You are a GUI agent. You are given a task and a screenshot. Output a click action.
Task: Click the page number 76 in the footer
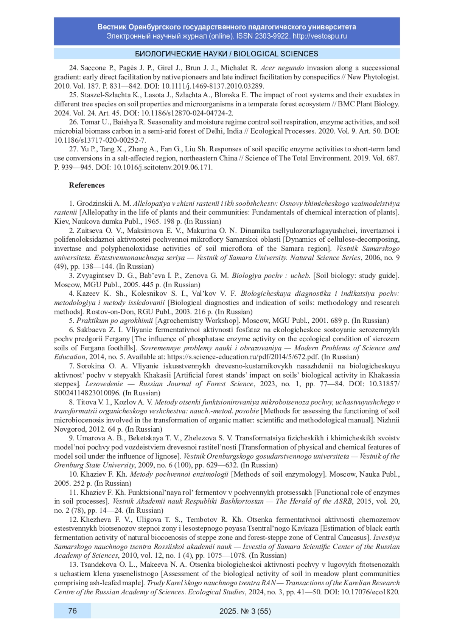point(72,611)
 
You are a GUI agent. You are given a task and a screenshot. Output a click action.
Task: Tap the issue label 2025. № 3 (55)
point(245,611)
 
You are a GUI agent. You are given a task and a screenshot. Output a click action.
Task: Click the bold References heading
point(87,185)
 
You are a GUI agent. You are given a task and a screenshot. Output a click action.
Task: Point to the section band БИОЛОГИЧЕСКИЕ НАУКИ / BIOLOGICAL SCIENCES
point(227,54)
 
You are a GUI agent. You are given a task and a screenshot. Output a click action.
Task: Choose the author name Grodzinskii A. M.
point(104,204)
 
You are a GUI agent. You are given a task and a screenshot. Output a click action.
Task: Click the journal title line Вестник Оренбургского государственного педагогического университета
point(227,27)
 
